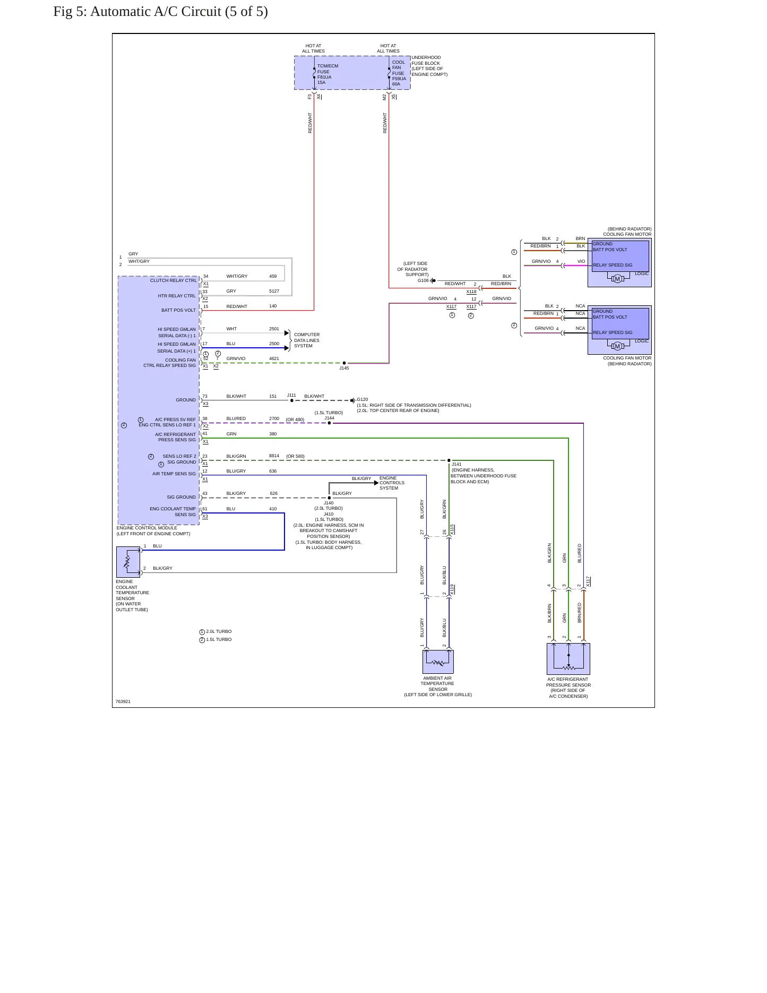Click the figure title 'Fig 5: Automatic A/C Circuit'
click(137, 12)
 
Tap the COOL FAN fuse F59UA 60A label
click(399, 73)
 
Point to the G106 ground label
click(423, 280)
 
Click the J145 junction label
click(344, 368)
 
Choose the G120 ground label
click(363, 399)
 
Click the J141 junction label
click(456, 464)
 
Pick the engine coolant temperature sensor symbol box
click(128, 562)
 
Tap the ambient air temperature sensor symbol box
click(438, 662)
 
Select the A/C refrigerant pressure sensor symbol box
click(568, 659)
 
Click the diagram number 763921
click(123, 701)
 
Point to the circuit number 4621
click(274, 358)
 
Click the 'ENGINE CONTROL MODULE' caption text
click(146, 528)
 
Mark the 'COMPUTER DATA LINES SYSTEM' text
click(307, 340)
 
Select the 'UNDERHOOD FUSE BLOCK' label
click(426, 61)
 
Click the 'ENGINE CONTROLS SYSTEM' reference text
click(392, 483)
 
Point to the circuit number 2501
click(274, 329)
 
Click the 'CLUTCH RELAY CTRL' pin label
click(173, 280)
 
